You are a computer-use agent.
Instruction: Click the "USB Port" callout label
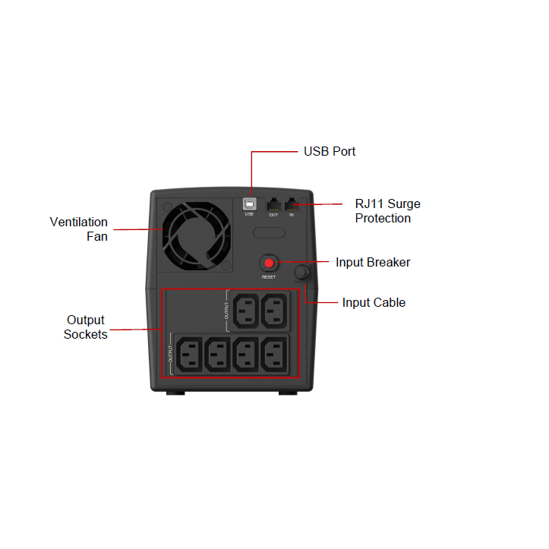tap(330, 151)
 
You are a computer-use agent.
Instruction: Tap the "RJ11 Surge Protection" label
tap(387, 211)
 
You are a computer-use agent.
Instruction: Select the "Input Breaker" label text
tap(373, 262)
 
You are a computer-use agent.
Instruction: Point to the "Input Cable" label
tap(374, 302)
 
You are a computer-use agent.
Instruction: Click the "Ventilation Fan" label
tap(79, 229)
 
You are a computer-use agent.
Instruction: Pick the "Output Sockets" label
tap(86, 327)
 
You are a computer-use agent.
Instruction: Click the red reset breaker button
tap(269, 263)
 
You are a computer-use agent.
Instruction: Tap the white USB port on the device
tap(249, 204)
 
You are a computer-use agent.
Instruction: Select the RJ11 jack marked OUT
tap(274, 204)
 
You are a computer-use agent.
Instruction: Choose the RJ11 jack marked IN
tap(292, 204)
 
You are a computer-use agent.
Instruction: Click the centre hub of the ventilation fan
tap(196, 235)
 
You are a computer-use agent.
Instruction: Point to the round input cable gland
tap(301, 272)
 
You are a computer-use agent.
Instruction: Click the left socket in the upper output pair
tap(246, 311)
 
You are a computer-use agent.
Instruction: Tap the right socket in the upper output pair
tap(274, 311)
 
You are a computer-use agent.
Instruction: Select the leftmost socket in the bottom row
tap(189, 355)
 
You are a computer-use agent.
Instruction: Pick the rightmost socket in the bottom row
tap(274, 355)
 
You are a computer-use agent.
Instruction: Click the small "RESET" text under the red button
tap(269, 277)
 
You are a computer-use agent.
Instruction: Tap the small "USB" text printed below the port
tap(249, 214)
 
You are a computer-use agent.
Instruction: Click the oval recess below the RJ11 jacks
tap(269, 232)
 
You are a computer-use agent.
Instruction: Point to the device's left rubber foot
tap(175, 393)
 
